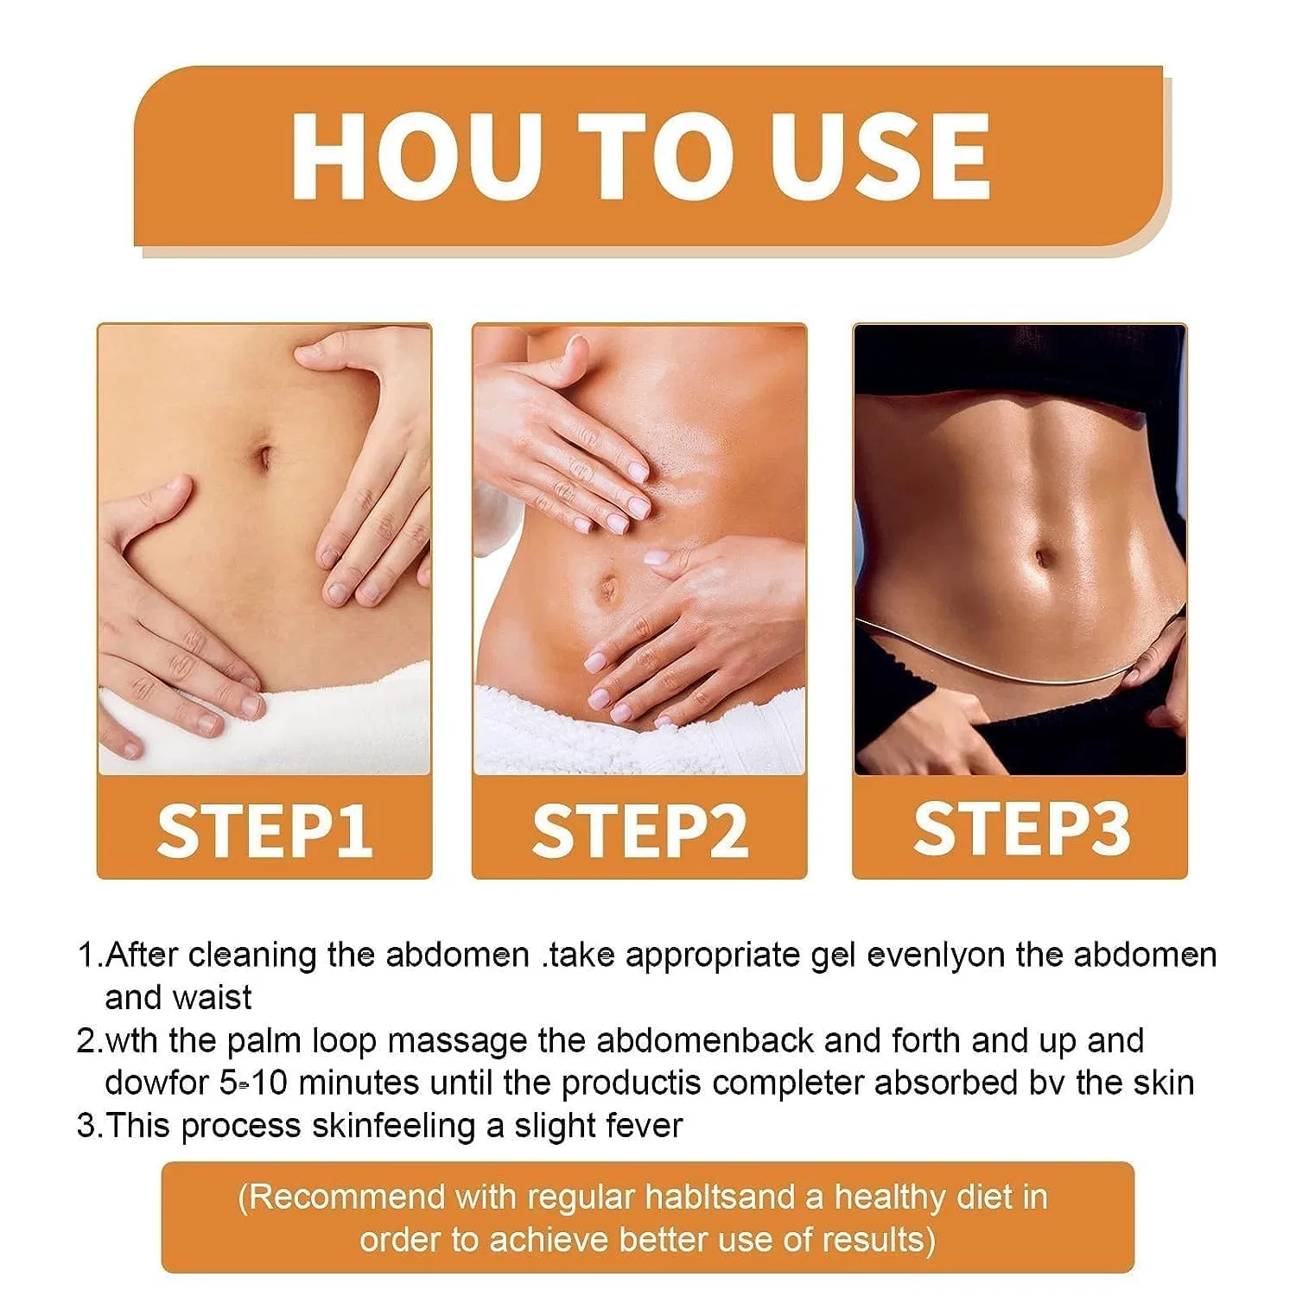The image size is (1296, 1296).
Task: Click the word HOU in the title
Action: [x=409, y=156]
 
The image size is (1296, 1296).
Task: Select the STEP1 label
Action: [x=264, y=830]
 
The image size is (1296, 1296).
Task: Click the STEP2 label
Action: [x=639, y=830]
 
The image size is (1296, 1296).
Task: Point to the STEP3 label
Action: [x=1021, y=829]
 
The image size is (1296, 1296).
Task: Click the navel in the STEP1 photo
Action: [x=264, y=456]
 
